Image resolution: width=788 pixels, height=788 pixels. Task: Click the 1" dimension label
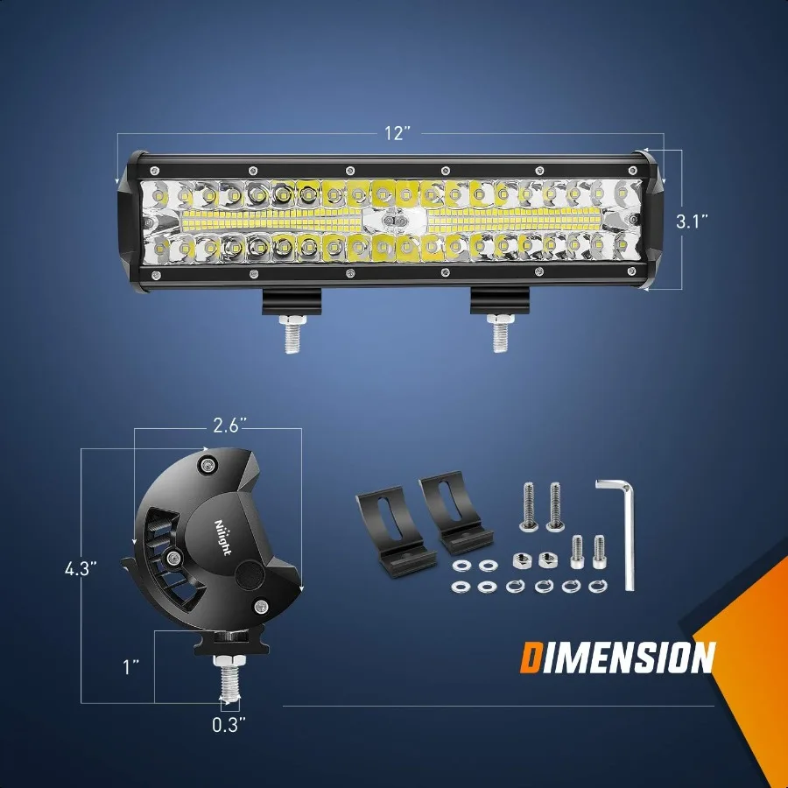point(131,668)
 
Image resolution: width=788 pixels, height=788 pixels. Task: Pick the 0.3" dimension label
point(229,723)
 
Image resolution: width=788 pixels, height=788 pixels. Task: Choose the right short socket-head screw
point(600,549)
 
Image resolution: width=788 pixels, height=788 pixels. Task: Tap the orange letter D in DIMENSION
point(531,658)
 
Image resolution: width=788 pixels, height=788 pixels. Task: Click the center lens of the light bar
point(396,222)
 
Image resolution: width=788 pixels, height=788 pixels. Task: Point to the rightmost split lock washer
point(599,585)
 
